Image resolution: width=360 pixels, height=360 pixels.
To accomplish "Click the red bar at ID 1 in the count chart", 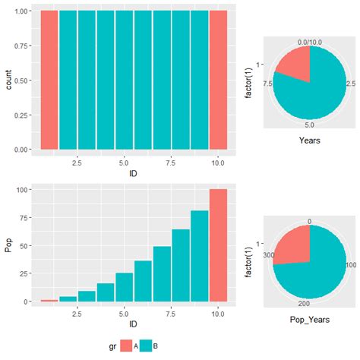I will click(49, 80).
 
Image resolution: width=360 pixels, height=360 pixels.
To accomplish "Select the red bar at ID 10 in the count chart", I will click(217, 80).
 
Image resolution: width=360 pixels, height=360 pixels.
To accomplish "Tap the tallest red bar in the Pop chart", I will click(217, 245).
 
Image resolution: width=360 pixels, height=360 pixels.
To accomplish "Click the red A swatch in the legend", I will click(126, 346).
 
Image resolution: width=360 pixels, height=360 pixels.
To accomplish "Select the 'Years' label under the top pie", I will click(309, 141).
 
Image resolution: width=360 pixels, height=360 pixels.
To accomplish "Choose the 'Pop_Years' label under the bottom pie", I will click(308, 311).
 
